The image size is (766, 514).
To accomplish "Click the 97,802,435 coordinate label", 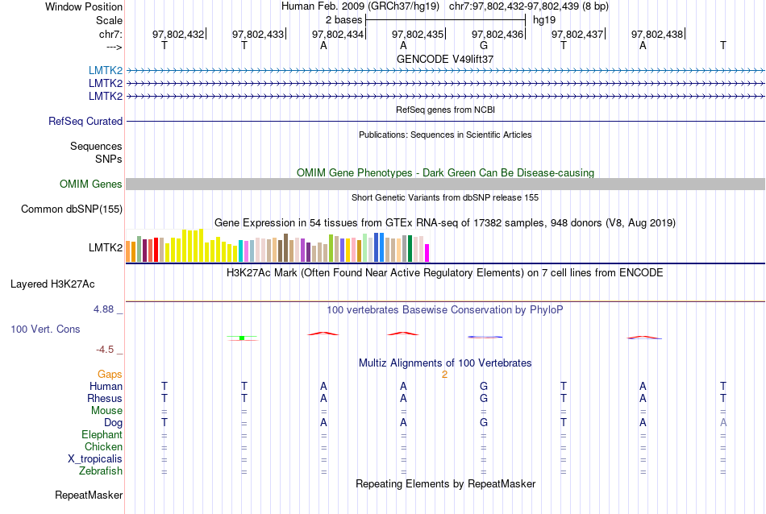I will pyautogui.click(x=418, y=34).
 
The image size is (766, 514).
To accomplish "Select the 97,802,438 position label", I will pyautogui.click(x=657, y=34).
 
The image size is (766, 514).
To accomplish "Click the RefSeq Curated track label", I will pyautogui.click(x=85, y=122).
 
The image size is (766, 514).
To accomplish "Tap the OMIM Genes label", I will pyautogui.click(x=91, y=184).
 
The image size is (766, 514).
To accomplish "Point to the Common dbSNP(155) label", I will pyautogui.click(x=72, y=209).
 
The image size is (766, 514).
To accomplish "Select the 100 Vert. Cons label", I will pyautogui.click(x=46, y=330).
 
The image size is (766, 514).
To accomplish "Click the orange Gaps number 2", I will pyautogui.click(x=444, y=375).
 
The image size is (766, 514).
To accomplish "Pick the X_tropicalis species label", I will pyautogui.click(x=95, y=459).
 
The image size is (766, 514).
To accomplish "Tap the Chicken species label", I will pyautogui.click(x=103, y=447).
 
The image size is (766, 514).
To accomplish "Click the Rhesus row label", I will pyautogui.click(x=105, y=399).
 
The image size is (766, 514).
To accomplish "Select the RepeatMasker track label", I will pyautogui.click(x=89, y=495).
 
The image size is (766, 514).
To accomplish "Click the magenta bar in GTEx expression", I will pyautogui.click(x=427, y=253).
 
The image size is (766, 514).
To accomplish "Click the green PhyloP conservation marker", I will pyautogui.click(x=242, y=338).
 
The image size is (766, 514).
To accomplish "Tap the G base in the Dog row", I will pyautogui.click(x=484, y=423).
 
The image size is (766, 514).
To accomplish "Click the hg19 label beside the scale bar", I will pyautogui.click(x=544, y=19).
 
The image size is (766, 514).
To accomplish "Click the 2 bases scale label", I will pyautogui.click(x=343, y=19).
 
